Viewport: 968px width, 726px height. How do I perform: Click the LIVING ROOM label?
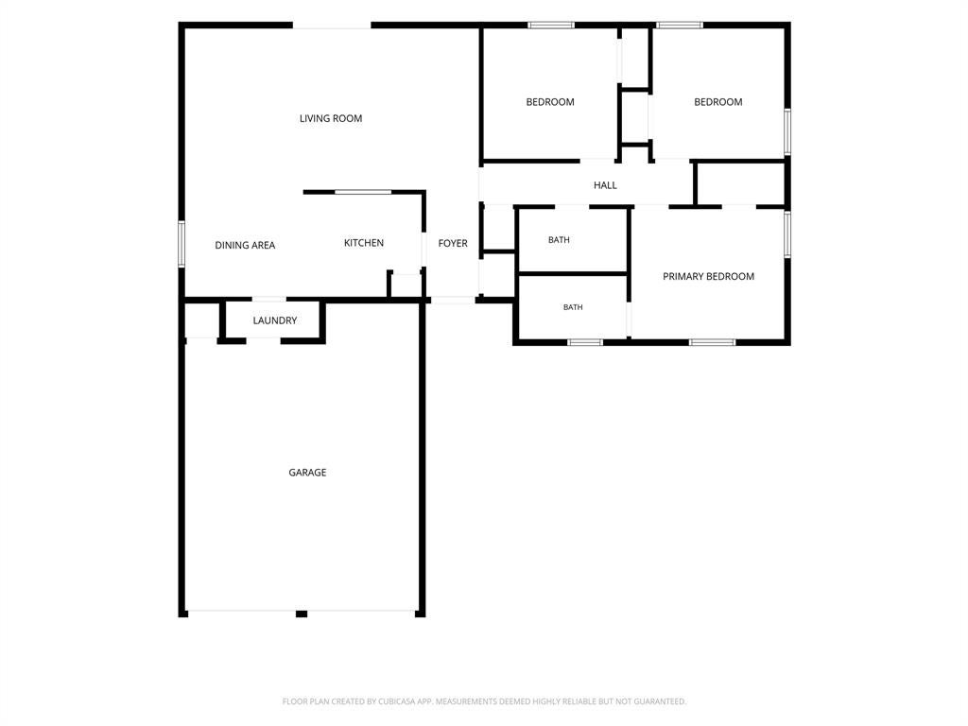coord(331,118)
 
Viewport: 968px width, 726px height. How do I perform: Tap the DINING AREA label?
coord(245,245)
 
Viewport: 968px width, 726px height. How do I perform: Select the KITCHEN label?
coord(364,243)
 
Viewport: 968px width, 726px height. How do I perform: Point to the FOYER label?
coord(453,243)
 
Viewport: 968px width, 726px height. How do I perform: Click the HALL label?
coord(605,185)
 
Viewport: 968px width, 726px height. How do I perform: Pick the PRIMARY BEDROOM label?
coord(708,277)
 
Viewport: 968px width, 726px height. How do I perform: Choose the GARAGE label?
coord(307,473)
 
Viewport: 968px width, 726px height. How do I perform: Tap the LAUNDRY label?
coord(275,320)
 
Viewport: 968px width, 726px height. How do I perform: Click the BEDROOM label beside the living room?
coord(550,102)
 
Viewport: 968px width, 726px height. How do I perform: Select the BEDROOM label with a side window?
coord(718,102)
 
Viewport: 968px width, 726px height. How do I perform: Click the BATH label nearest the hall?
coord(559,239)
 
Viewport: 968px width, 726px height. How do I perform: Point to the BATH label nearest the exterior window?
coord(573,307)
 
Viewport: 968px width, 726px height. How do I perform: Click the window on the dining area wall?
coord(181,243)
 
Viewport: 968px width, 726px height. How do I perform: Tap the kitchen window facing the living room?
coord(363,192)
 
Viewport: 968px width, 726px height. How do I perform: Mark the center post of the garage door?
coord(302,614)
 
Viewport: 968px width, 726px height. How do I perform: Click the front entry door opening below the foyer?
coord(453,300)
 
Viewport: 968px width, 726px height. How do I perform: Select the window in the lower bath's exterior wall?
coord(585,342)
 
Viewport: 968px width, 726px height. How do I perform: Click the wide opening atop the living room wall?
coord(332,26)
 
